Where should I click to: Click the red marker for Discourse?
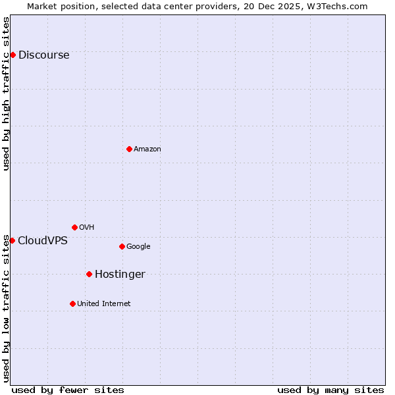click(x=13, y=55)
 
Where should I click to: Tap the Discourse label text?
click(x=43, y=55)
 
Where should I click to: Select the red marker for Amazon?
click(x=129, y=149)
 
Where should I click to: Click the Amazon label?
click(x=147, y=149)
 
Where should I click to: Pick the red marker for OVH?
click(x=74, y=227)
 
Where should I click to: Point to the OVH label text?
click(x=86, y=228)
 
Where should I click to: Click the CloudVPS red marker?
click(x=12, y=240)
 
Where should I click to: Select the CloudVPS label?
click(x=42, y=241)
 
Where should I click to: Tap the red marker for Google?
click(x=122, y=246)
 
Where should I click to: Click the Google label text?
click(x=138, y=247)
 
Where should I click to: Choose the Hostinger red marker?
click(x=89, y=274)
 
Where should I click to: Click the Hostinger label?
click(x=120, y=275)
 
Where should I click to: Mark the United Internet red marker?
click(x=72, y=303)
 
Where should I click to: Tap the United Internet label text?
click(x=103, y=304)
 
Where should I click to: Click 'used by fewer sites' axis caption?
click(x=68, y=390)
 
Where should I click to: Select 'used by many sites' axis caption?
click(x=330, y=390)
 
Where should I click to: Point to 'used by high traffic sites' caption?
click(x=6, y=93)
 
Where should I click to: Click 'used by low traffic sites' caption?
click(x=6, y=308)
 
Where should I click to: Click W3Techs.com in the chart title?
click(x=337, y=6)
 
